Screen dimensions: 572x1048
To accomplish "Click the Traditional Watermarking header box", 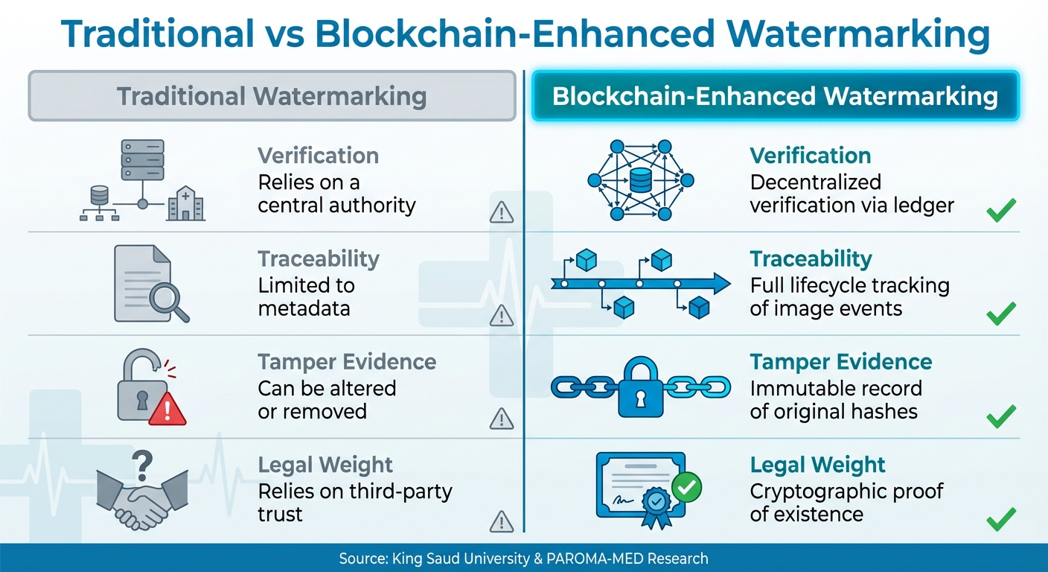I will (272, 96).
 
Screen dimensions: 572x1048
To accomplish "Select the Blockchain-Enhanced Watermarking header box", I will (775, 96).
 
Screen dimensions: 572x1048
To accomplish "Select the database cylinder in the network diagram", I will (640, 179).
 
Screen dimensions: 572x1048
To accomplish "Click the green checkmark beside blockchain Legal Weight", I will (1001, 519).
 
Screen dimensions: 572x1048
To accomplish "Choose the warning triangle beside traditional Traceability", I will (502, 317).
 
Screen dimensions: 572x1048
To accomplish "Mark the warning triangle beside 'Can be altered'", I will (502, 419).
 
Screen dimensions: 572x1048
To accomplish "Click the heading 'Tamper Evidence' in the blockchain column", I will (841, 362).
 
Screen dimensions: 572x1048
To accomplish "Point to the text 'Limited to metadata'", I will (305, 296).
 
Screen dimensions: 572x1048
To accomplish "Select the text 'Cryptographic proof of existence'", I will (846, 503).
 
